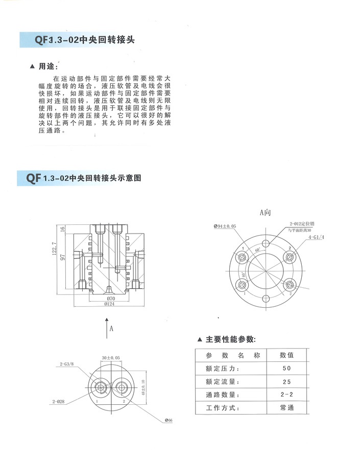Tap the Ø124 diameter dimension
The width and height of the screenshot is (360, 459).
[109, 304]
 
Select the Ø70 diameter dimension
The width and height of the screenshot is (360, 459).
[109, 298]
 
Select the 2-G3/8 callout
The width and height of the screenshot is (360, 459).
[66, 363]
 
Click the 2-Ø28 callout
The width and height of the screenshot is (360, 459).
[59, 402]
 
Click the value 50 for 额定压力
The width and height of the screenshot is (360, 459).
[286, 369]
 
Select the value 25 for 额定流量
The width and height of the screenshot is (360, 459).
[286, 382]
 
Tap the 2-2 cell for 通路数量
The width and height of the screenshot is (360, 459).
[286, 395]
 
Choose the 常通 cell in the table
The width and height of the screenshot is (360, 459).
[286, 408]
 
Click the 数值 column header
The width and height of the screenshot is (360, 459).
[286, 355]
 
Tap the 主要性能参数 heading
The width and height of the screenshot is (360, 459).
[230, 339]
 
